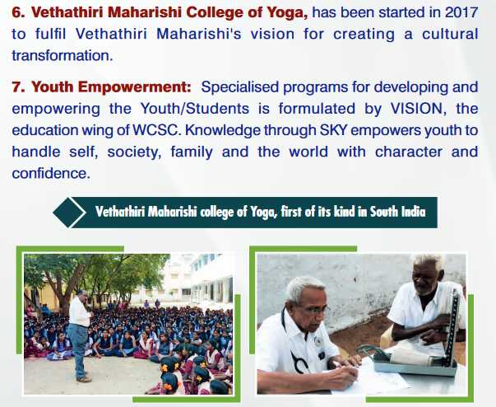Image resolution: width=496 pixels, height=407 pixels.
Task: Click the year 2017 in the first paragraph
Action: (461, 12)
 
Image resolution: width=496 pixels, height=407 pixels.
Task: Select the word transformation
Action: (63, 55)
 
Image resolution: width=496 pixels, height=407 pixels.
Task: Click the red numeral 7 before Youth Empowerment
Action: (16, 87)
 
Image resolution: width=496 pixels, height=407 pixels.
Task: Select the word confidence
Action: (51, 173)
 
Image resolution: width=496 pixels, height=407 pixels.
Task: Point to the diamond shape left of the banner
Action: (69, 213)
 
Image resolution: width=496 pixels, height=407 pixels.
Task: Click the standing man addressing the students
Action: (79, 335)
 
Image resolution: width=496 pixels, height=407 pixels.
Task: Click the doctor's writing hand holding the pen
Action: (342, 374)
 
